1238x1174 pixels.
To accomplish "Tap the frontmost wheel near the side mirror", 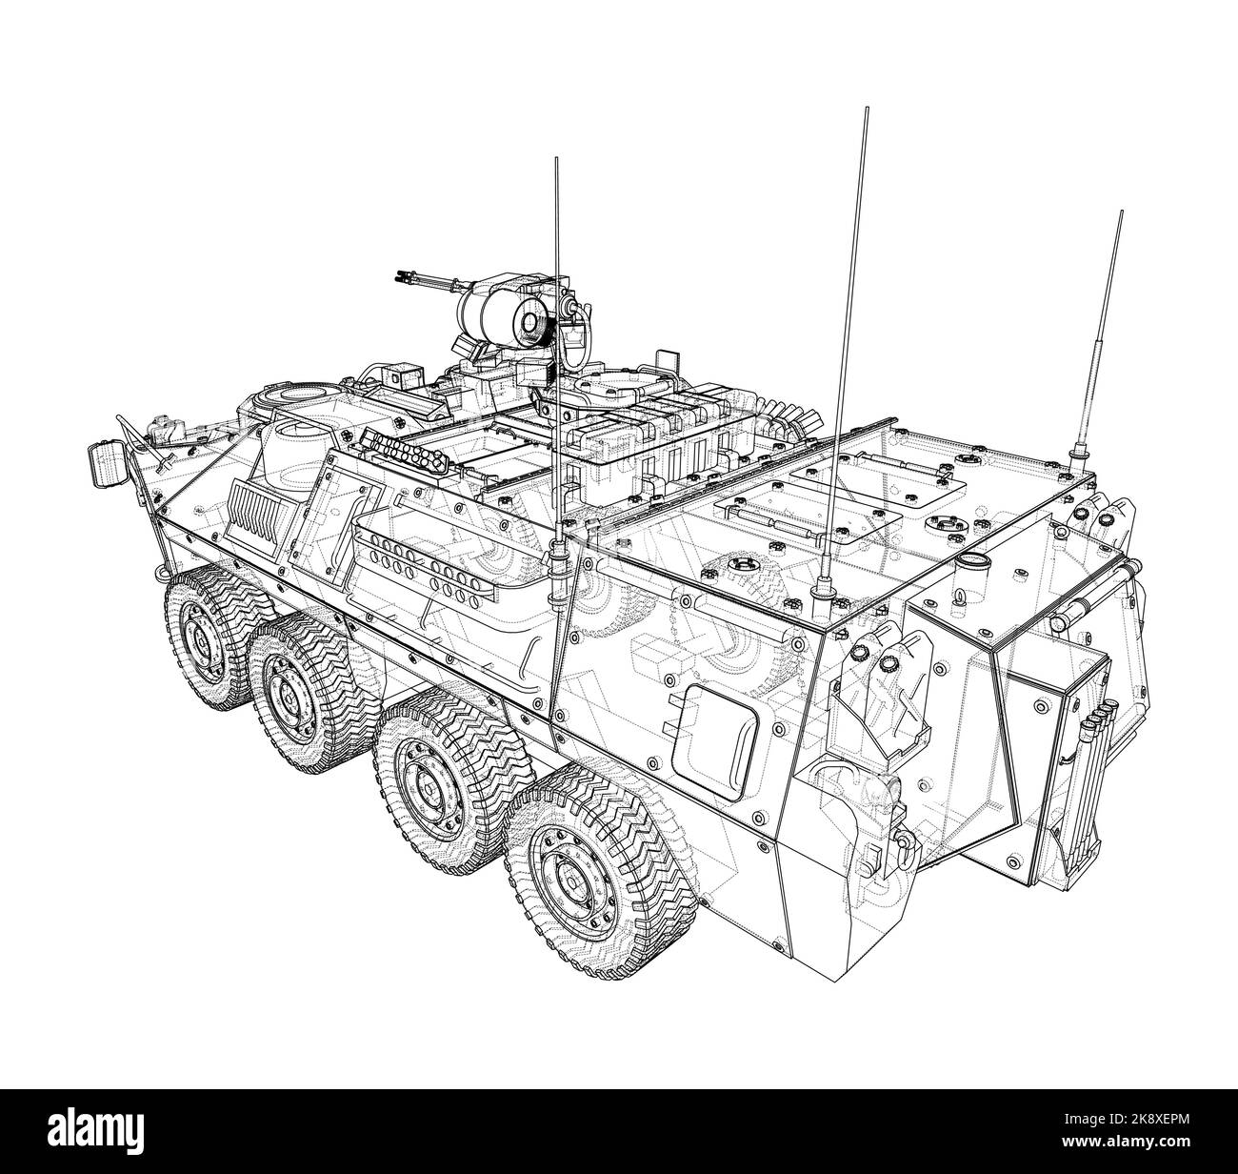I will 204,636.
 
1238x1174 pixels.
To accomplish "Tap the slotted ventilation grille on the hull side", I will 260,509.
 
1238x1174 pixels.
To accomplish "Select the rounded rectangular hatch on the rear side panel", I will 706,731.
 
